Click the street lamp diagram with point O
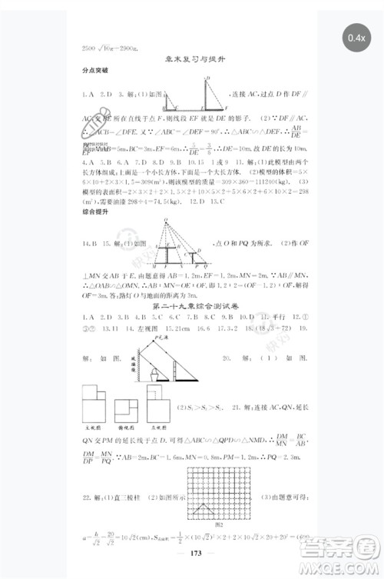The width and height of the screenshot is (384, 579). pos(170,245)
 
